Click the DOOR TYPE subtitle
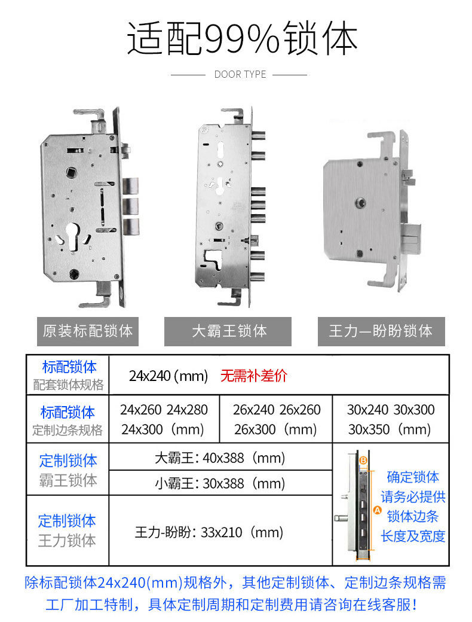pos(240,74)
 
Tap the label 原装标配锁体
pos(88,331)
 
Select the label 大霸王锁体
pos(228,331)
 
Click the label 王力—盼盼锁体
pos(381,331)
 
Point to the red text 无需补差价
pos(254,375)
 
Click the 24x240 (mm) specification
pos(168,376)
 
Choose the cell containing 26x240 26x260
pos(277,409)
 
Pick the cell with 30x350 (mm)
pos(390,429)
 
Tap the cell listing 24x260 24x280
pos(164,409)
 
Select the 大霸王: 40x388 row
pos(220,458)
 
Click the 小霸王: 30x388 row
pos(220,484)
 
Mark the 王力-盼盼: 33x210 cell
pos(209,532)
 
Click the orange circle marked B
pos(363,461)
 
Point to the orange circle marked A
pos(376,510)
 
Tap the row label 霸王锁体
pos(68,480)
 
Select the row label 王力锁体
pos(67,541)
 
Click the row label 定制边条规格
pos(68,430)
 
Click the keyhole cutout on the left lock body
pos(73,237)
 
